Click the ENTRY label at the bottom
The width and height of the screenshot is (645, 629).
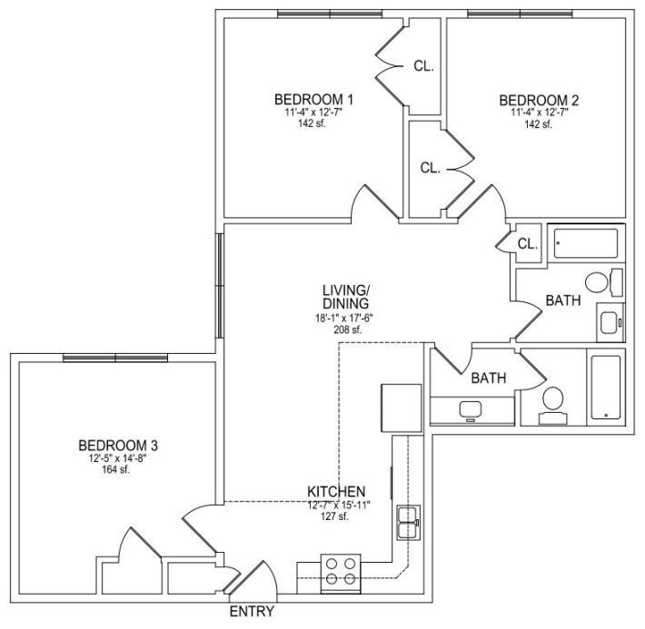click(x=252, y=612)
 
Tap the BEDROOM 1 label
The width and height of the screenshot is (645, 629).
click(x=313, y=100)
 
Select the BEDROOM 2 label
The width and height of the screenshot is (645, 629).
click(x=539, y=100)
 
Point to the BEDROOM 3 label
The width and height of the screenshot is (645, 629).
click(x=118, y=446)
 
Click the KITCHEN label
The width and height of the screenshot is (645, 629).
click(x=336, y=491)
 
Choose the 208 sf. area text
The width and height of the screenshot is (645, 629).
click(x=348, y=329)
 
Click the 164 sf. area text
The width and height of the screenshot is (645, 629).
click(x=116, y=469)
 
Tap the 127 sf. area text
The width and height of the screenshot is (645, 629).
click(x=334, y=516)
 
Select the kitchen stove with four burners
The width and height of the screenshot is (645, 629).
click(x=341, y=574)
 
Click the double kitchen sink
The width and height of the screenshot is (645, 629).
click(x=408, y=522)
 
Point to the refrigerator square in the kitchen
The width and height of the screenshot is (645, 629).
click(x=402, y=408)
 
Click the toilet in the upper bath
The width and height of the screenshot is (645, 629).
click(x=604, y=282)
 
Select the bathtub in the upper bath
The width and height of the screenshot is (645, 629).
click(x=586, y=243)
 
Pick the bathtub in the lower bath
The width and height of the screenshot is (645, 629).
click(x=606, y=387)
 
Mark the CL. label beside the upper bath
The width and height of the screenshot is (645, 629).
click(x=528, y=244)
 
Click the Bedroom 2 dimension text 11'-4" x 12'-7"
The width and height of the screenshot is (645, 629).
click(x=540, y=113)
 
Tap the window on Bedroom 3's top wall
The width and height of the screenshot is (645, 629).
click(x=115, y=358)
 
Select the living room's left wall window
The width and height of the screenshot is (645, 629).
click(x=220, y=286)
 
